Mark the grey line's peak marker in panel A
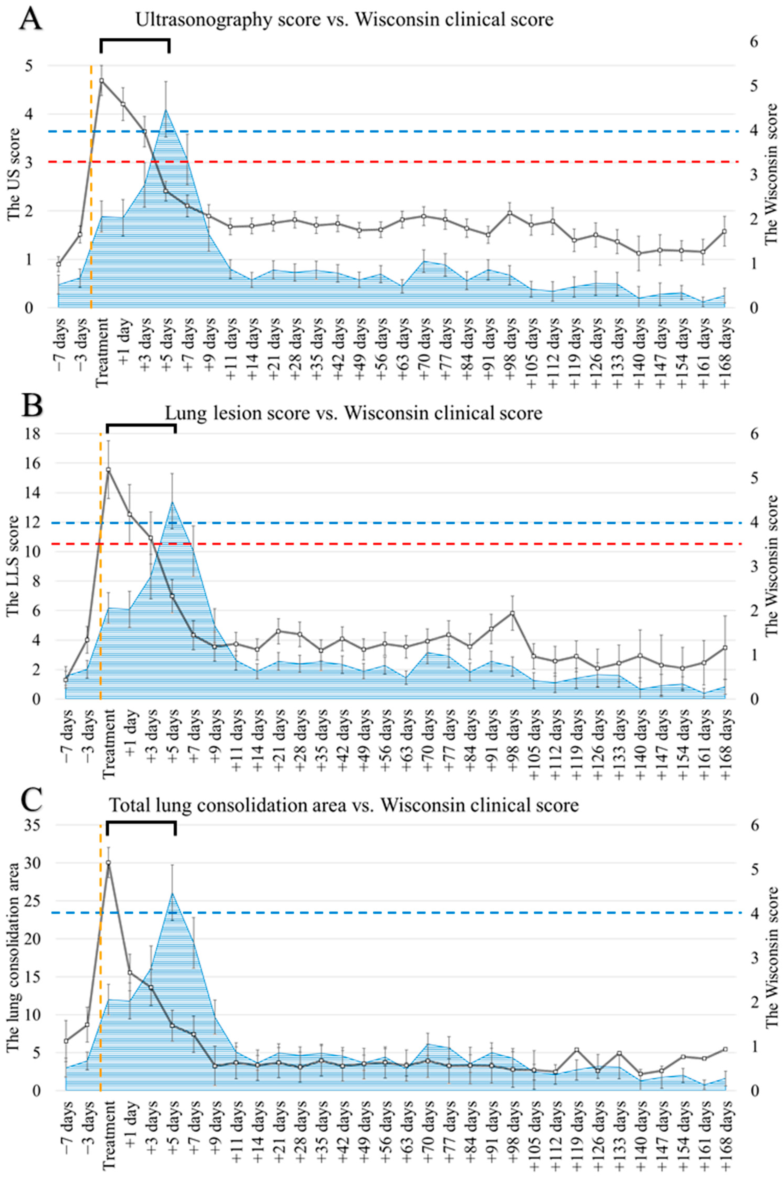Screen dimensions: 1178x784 tap(102, 80)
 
